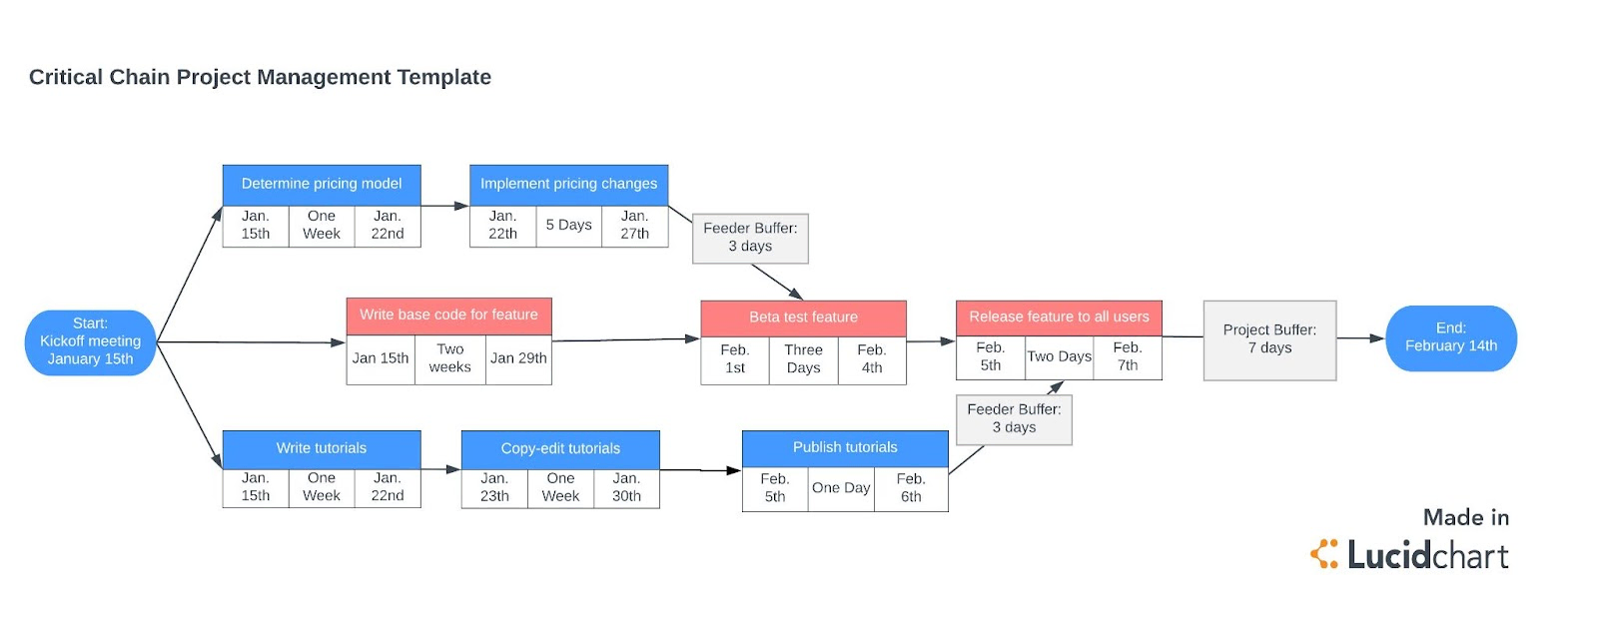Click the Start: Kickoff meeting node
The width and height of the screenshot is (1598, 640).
(x=90, y=341)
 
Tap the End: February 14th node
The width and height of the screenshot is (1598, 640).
(x=1450, y=337)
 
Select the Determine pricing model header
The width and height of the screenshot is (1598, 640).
(x=321, y=184)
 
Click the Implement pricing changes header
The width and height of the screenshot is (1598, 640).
(x=568, y=184)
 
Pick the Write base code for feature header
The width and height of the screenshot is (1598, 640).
(x=448, y=315)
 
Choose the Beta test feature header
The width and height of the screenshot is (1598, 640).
(x=803, y=318)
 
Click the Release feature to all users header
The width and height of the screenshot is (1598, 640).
(x=1059, y=317)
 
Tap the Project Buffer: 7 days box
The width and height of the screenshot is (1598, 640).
(x=1269, y=339)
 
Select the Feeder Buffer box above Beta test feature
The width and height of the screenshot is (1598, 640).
(x=750, y=238)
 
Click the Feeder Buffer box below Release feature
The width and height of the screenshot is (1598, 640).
(x=1014, y=419)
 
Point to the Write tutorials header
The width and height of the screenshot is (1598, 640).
(x=321, y=448)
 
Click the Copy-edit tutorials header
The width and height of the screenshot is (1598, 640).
(x=560, y=448)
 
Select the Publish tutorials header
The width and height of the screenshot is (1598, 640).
(x=845, y=447)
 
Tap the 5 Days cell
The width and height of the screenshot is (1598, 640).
(x=568, y=226)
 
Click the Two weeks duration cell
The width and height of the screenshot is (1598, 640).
(x=449, y=358)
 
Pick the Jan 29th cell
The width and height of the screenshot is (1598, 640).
(x=518, y=358)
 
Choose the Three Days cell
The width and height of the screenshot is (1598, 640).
(x=803, y=359)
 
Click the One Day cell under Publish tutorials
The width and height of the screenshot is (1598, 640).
(x=841, y=488)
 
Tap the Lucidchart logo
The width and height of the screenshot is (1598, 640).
(x=1409, y=554)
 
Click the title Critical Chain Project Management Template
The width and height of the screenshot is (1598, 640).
(x=260, y=77)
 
